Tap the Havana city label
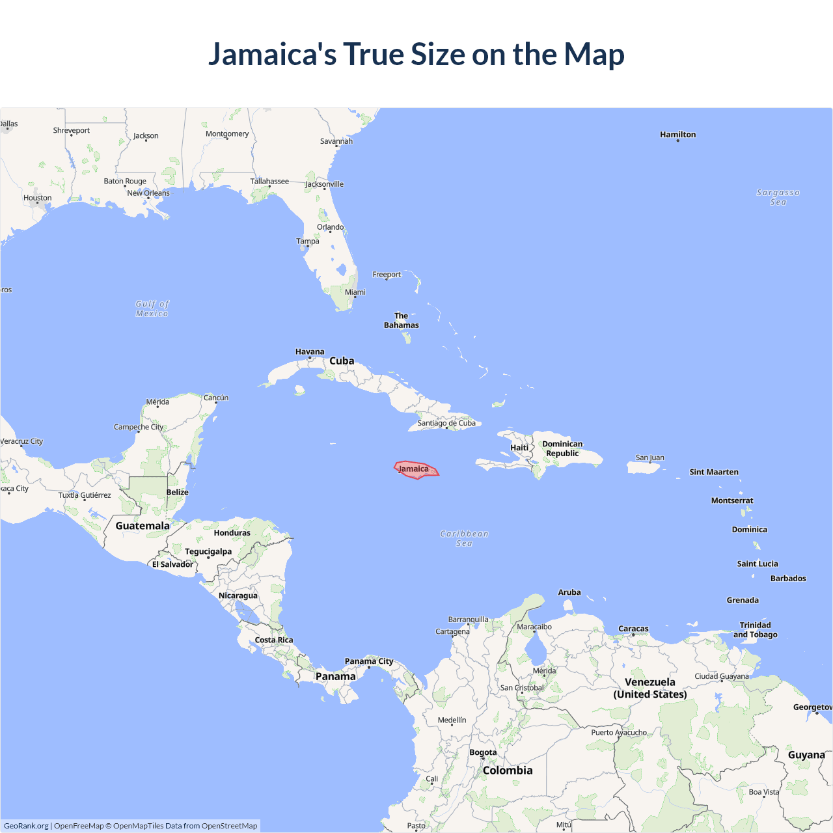310,351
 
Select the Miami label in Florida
355,292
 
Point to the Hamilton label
677,135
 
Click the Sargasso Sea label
778,197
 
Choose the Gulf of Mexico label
152,308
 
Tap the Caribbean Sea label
464,538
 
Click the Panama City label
369,661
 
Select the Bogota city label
483,752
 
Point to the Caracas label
633,629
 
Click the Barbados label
788,579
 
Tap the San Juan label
650,457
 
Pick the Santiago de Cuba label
446,423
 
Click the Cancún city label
216,398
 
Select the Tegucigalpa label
208,551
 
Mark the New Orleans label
148,193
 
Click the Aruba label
569,592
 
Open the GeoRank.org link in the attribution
26,826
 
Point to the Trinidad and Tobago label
755,630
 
